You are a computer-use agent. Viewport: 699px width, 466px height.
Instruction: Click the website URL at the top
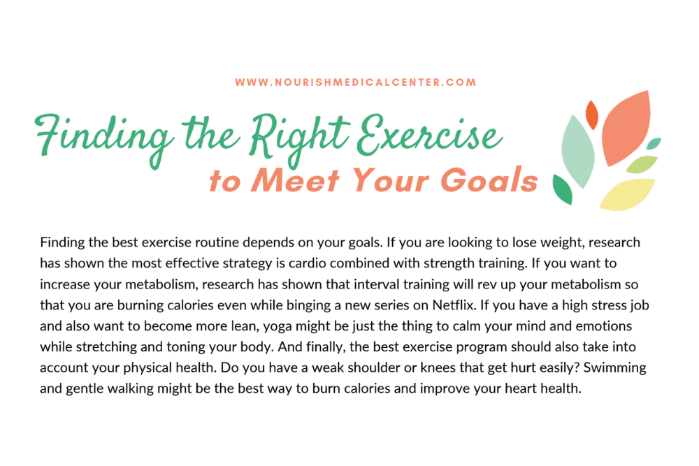pos(356,82)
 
